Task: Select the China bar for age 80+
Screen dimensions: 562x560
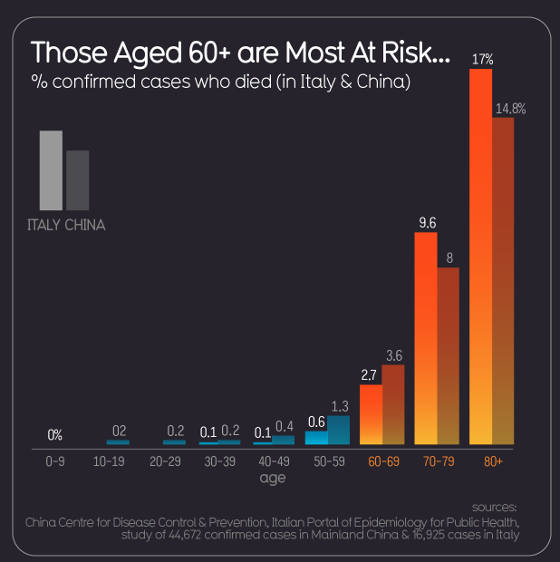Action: [x=503, y=281]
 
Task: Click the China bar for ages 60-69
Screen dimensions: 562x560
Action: [x=393, y=404]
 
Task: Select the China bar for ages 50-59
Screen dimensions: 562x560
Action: [x=338, y=430]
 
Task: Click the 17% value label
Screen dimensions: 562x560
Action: [x=481, y=60]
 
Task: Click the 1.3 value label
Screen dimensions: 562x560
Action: [x=341, y=406]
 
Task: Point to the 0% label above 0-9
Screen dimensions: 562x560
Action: [x=55, y=435]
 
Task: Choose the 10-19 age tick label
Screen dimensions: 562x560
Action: [x=109, y=461]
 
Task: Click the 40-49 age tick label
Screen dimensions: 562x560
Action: [x=273, y=461]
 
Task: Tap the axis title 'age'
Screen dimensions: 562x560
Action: [x=272, y=478]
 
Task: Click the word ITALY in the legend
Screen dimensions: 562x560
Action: [x=43, y=225]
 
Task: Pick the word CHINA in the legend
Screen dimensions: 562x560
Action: [x=85, y=225]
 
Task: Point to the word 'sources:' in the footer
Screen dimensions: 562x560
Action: [x=495, y=507]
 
